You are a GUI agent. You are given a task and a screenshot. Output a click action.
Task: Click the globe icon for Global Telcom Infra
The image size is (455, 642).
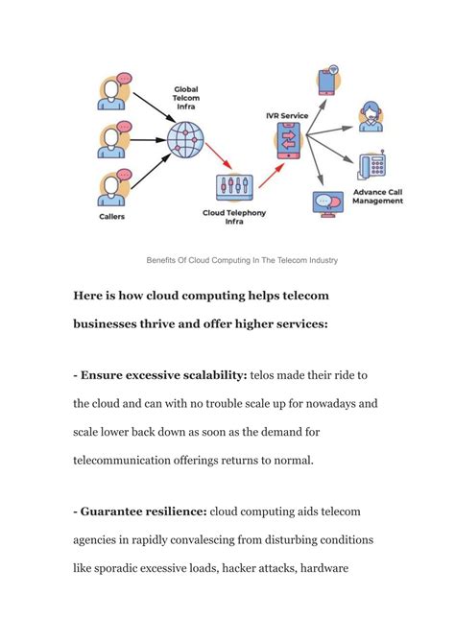click(x=184, y=139)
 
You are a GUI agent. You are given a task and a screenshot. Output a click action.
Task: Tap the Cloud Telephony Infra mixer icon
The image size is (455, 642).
click(x=234, y=186)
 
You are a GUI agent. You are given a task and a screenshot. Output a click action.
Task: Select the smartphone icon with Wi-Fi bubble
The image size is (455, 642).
click(x=326, y=81)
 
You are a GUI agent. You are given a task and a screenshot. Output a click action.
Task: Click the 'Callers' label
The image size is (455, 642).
click(x=112, y=217)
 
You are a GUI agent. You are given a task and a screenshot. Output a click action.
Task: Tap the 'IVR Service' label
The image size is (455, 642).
click(x=287, y=115)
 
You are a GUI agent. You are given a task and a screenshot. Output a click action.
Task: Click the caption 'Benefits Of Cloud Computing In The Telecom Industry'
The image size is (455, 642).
click(x=241, y=260)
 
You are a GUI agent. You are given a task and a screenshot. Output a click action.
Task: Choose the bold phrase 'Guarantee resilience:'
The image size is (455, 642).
click(x=139, y=512)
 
